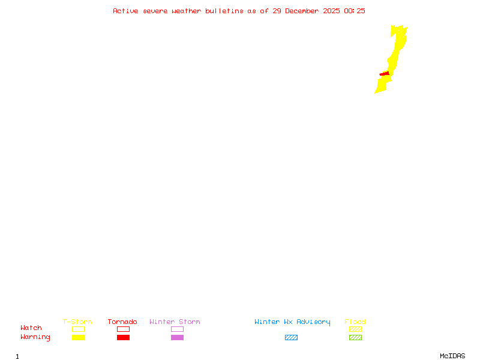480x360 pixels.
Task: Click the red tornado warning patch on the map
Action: pos(385,74)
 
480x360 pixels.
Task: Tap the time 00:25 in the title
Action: pos(355,11)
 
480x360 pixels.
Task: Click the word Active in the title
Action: pos(125,11)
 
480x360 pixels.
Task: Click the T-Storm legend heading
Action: pos(77,322)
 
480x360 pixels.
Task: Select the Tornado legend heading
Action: pos(122,322)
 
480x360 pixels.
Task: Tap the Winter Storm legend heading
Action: pos(175,322)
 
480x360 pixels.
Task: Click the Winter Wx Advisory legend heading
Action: pos(292,322)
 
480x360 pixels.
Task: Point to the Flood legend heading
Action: pos(355,322)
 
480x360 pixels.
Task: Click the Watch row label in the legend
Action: pos(31,328)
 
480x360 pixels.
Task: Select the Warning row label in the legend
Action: pos(35,337)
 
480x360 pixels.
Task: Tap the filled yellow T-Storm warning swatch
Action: pos(78,338)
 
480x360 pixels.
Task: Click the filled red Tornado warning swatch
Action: pos(123,338)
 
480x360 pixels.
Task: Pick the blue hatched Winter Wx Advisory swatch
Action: pos(291,338)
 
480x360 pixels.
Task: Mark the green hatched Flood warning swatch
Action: pos(355,338)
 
